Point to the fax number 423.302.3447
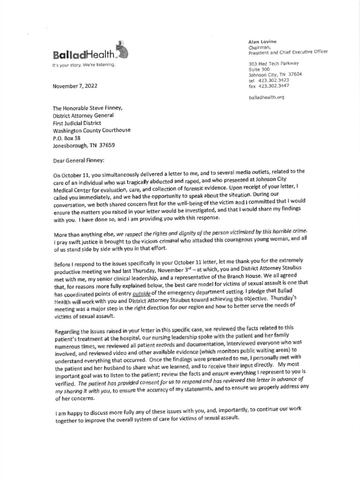click(272, 86)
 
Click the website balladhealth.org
click(266, 97)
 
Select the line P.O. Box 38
click(67, 138)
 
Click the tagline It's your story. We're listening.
click(83, 65)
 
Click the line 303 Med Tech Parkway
click(274, 63)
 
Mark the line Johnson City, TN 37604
click(275, 75)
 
